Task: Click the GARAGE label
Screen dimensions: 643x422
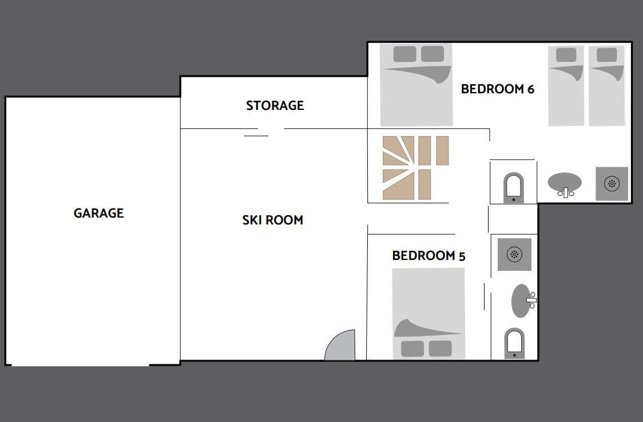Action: [x=98, y=213]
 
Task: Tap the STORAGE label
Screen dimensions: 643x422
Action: [x=275, y=105]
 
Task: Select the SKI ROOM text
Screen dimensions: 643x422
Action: [x=273, y=220]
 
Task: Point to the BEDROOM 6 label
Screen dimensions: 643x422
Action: [x=498, y=89]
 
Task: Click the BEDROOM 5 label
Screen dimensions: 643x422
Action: [x=428, y=256]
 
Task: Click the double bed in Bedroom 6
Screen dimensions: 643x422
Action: [x=416, y=85]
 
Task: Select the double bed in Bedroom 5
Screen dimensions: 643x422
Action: [x=428, y=314]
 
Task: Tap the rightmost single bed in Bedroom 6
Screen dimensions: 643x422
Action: [x=606, y=85]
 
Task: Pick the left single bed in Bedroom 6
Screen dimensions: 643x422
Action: [x=566, y=85]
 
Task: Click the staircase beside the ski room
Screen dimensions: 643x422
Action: [x=415, y=168]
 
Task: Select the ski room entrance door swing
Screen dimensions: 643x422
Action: [x=340, y=345]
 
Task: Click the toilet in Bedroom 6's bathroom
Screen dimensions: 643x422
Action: [x=513, y=188]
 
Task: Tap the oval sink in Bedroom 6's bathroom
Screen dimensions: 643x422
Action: [x=565, y=183]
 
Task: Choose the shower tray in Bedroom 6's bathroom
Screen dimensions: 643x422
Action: [x=612, y=183]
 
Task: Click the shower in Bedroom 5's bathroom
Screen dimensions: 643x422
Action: [x=514, y=254]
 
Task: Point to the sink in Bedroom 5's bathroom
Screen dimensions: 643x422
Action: [x=522, y=301]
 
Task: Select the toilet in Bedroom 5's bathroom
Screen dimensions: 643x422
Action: [x=514, y=343]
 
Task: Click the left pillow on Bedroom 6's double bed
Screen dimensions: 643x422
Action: [x=405, y=54]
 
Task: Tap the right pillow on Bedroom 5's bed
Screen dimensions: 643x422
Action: [x=440, y=349]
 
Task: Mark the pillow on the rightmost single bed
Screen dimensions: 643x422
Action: [x=606, y=55]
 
